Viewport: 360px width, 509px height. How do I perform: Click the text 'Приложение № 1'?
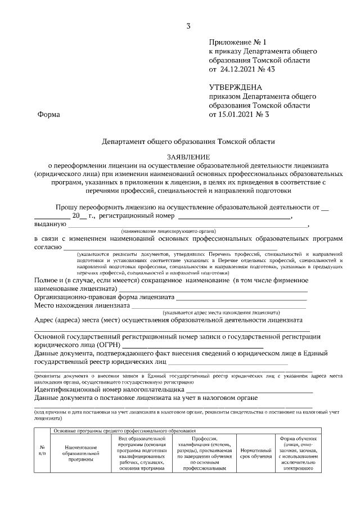pyautogui.click(x=236, y=42)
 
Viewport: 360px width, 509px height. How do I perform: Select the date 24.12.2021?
pyautogui.click(x=237, y=70)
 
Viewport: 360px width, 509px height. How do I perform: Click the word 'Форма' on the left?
pyautogui.click(x=48, y=115)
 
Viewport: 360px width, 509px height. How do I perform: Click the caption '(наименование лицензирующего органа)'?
pyautogui.click(x=168, y=231)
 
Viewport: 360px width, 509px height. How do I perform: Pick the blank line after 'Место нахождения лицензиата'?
pyautogui.click(x=219, y=307)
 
